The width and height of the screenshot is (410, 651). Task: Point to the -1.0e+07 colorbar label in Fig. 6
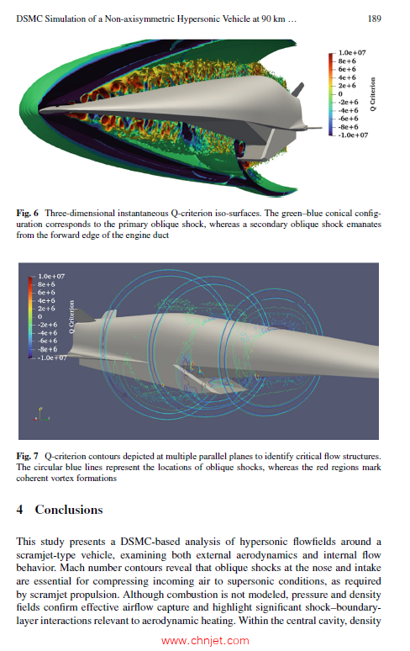pos(350,135)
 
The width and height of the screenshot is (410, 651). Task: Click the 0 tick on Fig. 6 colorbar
pos(340,94)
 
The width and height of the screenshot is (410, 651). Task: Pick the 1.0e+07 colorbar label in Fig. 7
pos(52,275)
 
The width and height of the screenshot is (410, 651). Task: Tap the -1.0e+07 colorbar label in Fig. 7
pos(51,357)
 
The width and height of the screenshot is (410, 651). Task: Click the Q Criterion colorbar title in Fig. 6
pos(371,93)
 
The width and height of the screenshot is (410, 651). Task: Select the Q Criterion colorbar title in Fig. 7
pos(72,316)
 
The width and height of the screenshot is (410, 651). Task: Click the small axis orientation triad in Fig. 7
pos(39,413)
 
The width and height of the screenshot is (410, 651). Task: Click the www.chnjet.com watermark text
pos(204,640)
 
